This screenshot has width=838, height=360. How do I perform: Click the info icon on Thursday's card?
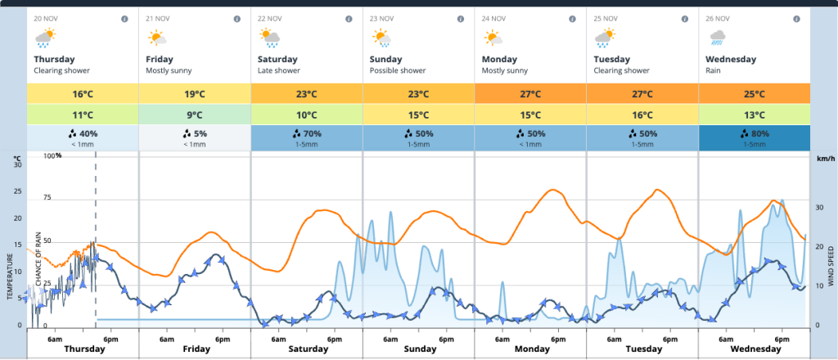[124, 18]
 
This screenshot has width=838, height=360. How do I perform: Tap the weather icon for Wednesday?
[719, 37]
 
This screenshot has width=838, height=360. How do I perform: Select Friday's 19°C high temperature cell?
[194, 93]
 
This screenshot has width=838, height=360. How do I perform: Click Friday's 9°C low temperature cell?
[194, 115]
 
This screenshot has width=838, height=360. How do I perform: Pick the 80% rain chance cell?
[754, 137]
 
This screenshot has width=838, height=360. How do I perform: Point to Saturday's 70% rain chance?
[306, 137]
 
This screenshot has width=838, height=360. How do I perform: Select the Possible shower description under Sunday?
[398, 70]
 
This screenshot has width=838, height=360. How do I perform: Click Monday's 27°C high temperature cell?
[529, 93]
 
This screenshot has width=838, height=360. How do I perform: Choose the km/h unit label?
[824, 158]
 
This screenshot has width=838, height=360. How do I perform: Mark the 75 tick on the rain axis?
[47, 198]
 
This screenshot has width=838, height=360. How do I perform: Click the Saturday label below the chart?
[308, 349]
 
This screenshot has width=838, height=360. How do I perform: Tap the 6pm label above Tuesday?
[669, 338]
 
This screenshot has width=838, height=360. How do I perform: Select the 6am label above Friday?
[166, 338]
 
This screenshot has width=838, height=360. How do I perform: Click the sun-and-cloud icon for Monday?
[493, 37]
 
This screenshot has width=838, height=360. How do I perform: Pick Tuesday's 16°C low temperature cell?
[642, 115]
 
